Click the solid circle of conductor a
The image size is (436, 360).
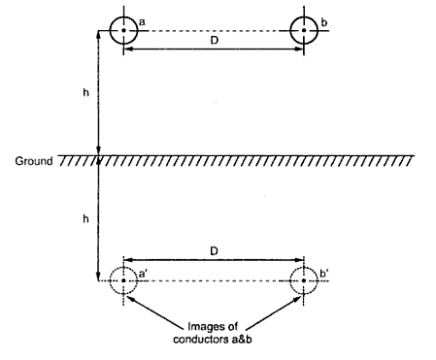(x=123, y=30)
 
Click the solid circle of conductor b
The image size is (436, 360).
(x=305, y=30)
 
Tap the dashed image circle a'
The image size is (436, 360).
(x=123, y=281)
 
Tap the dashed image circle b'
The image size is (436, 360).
(x=306, y=281)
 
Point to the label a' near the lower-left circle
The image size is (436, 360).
(x=144, y=275)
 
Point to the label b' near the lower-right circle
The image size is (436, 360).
(x=327, y=275)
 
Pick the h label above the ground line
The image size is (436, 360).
(x=87, y=94)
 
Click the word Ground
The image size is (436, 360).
(x=33, y=158)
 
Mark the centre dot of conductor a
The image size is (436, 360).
(x=123, y=30)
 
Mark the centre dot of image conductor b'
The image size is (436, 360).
(x=306, y=281)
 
